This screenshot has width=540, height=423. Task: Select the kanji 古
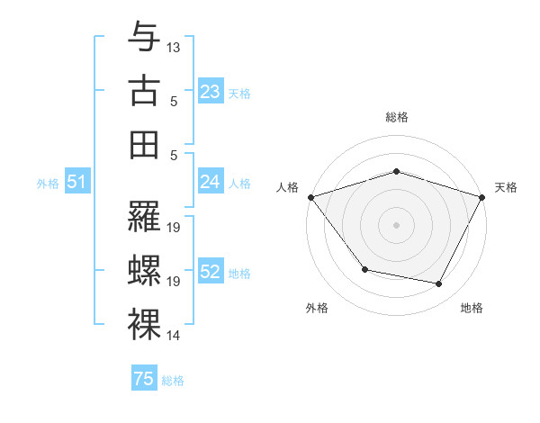pos(144,90)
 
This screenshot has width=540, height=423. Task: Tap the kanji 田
pos(144,144)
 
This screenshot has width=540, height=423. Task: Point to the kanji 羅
pos(144,217)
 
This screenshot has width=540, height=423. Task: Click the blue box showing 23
pos(210,92)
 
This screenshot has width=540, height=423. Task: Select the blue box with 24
pos(210,182)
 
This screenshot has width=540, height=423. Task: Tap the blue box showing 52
pos(210,272)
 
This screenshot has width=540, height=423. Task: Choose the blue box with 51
pos(77,182)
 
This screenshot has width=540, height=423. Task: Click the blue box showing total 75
pos(144,379)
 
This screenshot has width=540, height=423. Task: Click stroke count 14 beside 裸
pos(174,336)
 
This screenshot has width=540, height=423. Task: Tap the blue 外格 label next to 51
pos(48,183)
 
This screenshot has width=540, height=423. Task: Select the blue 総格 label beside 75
pos(173,381)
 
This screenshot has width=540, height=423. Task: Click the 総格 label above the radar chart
pos(396,117)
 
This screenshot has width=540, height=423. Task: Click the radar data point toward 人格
pos(310,197)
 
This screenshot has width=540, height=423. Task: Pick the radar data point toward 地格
pos(439,284)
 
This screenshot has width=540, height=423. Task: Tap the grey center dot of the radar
pos(396,224)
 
